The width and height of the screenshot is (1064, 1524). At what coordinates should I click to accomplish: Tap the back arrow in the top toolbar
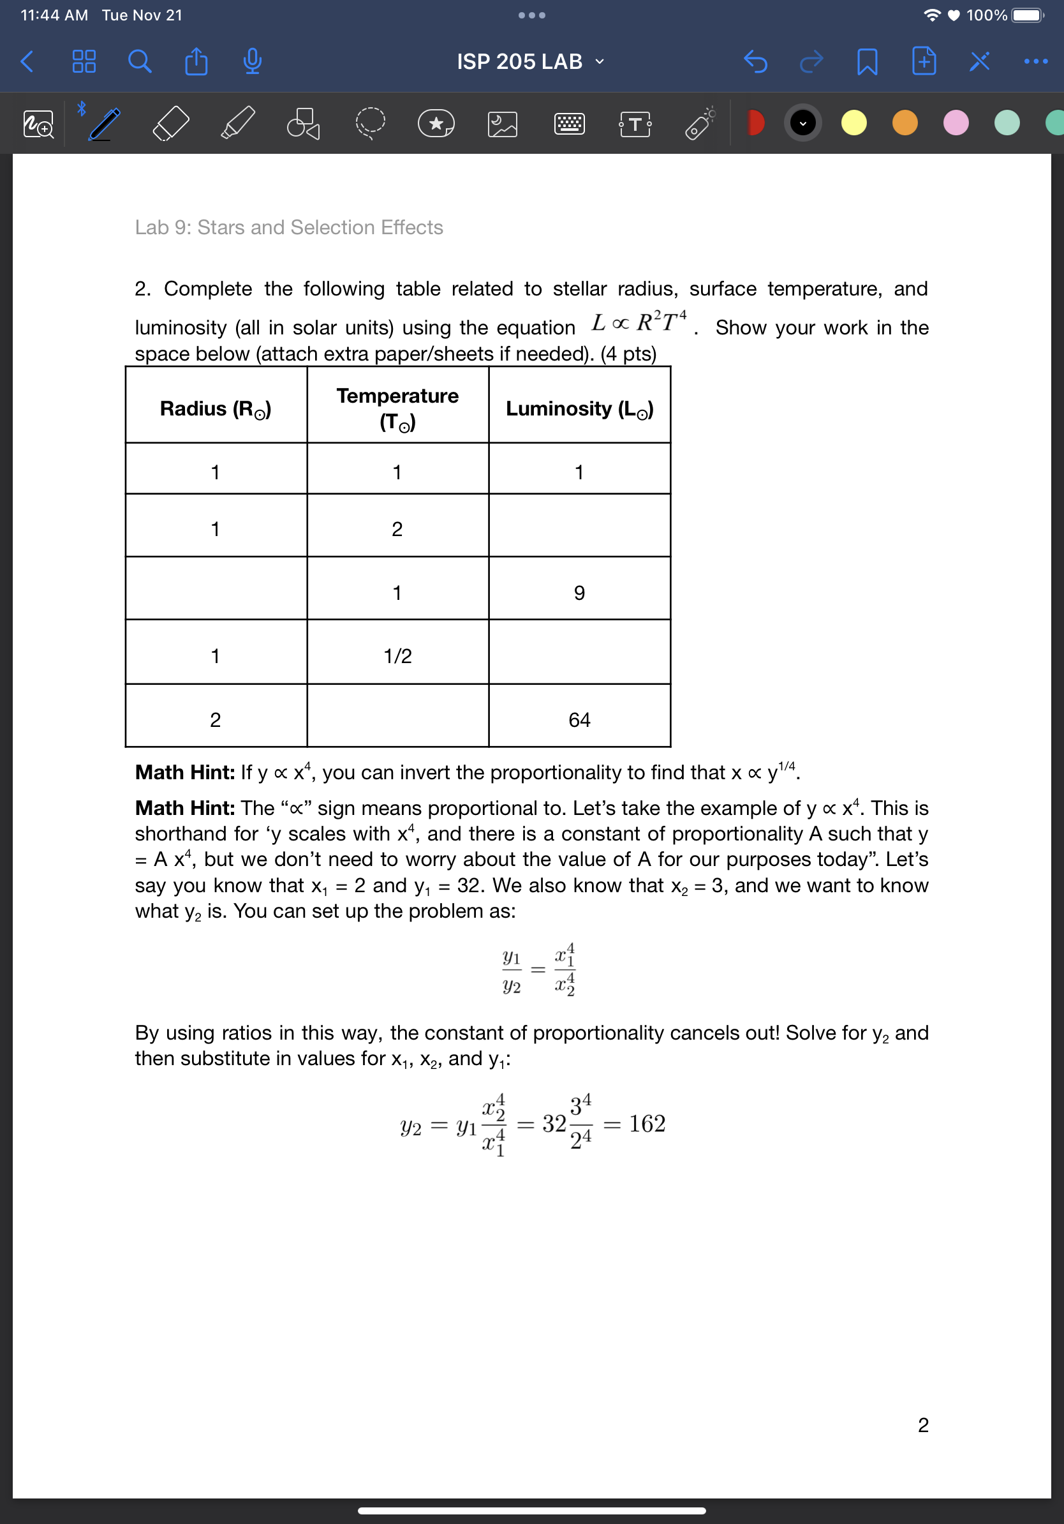tap(27, 62)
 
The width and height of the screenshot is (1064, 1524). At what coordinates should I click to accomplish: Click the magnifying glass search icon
tap(139, 62)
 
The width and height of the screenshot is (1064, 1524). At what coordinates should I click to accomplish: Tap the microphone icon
tap(252, 62)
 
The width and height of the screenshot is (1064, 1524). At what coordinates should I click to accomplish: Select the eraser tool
tap(170, 123)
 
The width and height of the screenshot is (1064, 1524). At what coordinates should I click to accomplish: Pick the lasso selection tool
tap(369, 123)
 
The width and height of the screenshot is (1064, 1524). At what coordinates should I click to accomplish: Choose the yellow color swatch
tap(853, 123)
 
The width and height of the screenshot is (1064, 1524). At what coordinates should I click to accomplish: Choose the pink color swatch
tap(955, 123)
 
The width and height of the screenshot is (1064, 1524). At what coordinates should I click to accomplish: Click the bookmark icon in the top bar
tap(867, 62)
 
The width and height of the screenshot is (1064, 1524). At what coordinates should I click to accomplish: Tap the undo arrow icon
tap(755, 62)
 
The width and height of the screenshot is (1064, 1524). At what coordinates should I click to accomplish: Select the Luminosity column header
tap(579, 408)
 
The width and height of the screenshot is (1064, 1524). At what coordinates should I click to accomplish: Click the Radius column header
tap(216, 408)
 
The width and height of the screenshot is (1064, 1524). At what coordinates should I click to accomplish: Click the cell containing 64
tap(579, 719)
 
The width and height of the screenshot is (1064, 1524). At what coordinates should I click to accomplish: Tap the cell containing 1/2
tap(397, 656)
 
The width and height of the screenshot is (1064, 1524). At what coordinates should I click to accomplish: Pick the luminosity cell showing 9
tap(579, 592)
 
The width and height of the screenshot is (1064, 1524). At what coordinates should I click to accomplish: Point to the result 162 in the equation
tap(647, 1123)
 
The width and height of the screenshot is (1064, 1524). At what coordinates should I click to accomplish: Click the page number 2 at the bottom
tap(923, 1424)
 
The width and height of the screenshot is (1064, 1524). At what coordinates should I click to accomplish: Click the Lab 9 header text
tap(288, 227)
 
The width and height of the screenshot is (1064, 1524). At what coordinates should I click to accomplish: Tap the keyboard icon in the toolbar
tap(569, 123)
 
